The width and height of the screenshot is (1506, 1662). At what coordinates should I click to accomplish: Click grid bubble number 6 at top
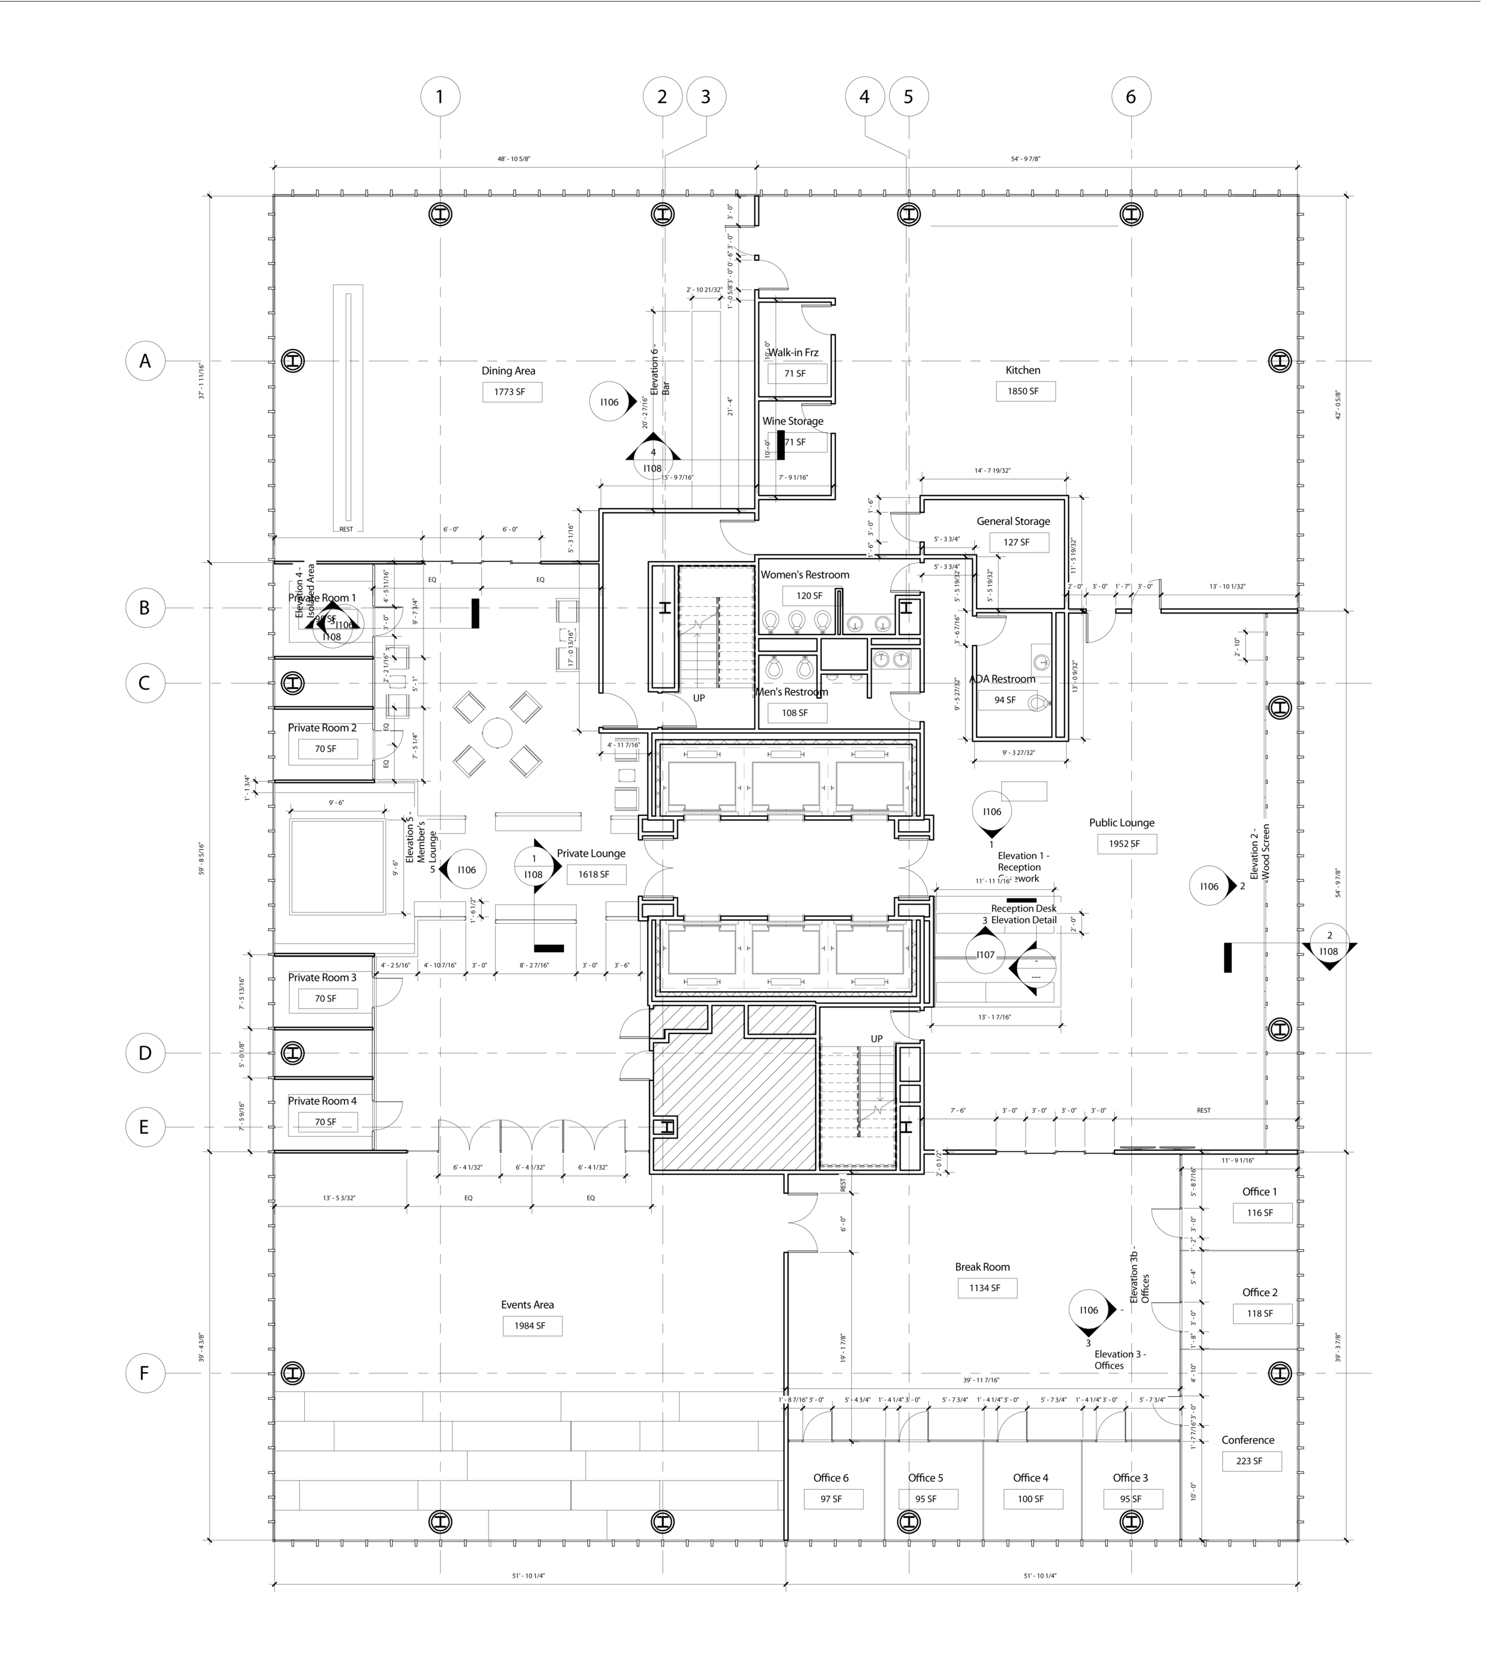click(x=1130, y=96)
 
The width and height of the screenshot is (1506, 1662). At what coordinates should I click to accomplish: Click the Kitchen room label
click(x=1022, y=370)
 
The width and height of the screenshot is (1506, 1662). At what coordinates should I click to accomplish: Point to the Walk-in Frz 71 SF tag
click(x=795, y=374)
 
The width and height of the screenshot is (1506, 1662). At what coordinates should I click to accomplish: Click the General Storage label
click(x=1013, y=521)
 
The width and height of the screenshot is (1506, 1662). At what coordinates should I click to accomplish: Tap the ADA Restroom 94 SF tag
click(x=1005, y=700)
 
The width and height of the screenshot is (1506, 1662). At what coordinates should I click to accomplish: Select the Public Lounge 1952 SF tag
click(x=1125, y=844)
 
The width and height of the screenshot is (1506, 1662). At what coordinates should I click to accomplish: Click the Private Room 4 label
click(x=322, y=1100)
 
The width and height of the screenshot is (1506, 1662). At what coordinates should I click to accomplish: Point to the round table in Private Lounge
click(x=497, y=732)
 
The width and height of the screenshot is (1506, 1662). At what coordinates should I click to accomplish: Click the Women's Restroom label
click(x=805, y=575)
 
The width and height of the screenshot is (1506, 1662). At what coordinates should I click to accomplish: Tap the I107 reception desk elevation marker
click(x=985, y=955)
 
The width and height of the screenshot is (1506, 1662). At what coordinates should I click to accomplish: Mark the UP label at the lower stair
click(x=876, y=1039)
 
